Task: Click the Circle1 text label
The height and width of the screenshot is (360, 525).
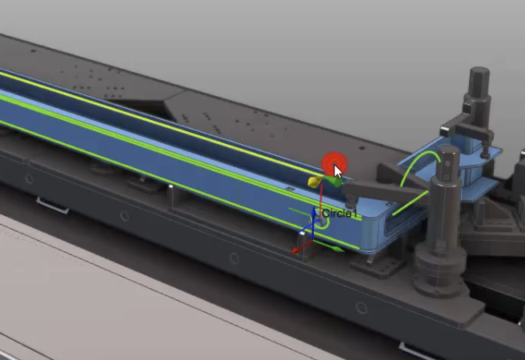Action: coord(339,214)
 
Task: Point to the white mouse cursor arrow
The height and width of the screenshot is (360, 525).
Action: coord(338,171)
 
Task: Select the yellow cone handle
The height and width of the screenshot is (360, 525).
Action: coord(315,182)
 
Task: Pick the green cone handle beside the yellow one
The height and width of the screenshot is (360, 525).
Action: coord(334,181)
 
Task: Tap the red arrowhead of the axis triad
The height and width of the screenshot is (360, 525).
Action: coord(295,250)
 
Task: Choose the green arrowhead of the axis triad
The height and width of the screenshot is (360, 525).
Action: coord(339,249)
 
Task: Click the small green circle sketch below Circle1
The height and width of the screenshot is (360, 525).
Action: coord(323,223)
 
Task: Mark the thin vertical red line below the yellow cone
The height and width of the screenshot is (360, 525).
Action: coord(321,201)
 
